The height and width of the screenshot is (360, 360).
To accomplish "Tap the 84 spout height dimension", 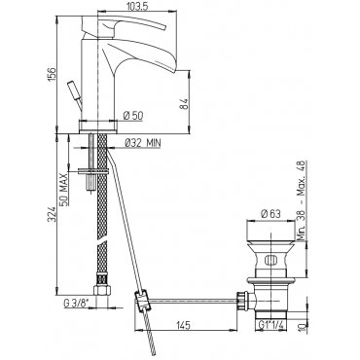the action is (x=184, y=104).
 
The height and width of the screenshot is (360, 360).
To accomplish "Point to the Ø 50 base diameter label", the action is (x=133, y=115).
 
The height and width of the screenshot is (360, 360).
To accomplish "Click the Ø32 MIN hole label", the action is (x=142, y=143).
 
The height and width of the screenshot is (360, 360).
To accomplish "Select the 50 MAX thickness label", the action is (x=64, y=189).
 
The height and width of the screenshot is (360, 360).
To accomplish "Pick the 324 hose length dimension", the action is (x=52, y=216).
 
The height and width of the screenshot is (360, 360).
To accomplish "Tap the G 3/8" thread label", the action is (x=76, y=305).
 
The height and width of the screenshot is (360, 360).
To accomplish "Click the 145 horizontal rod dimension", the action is (x=184, y=325).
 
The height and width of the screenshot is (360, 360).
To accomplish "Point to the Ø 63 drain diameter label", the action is (x=270, y=214).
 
